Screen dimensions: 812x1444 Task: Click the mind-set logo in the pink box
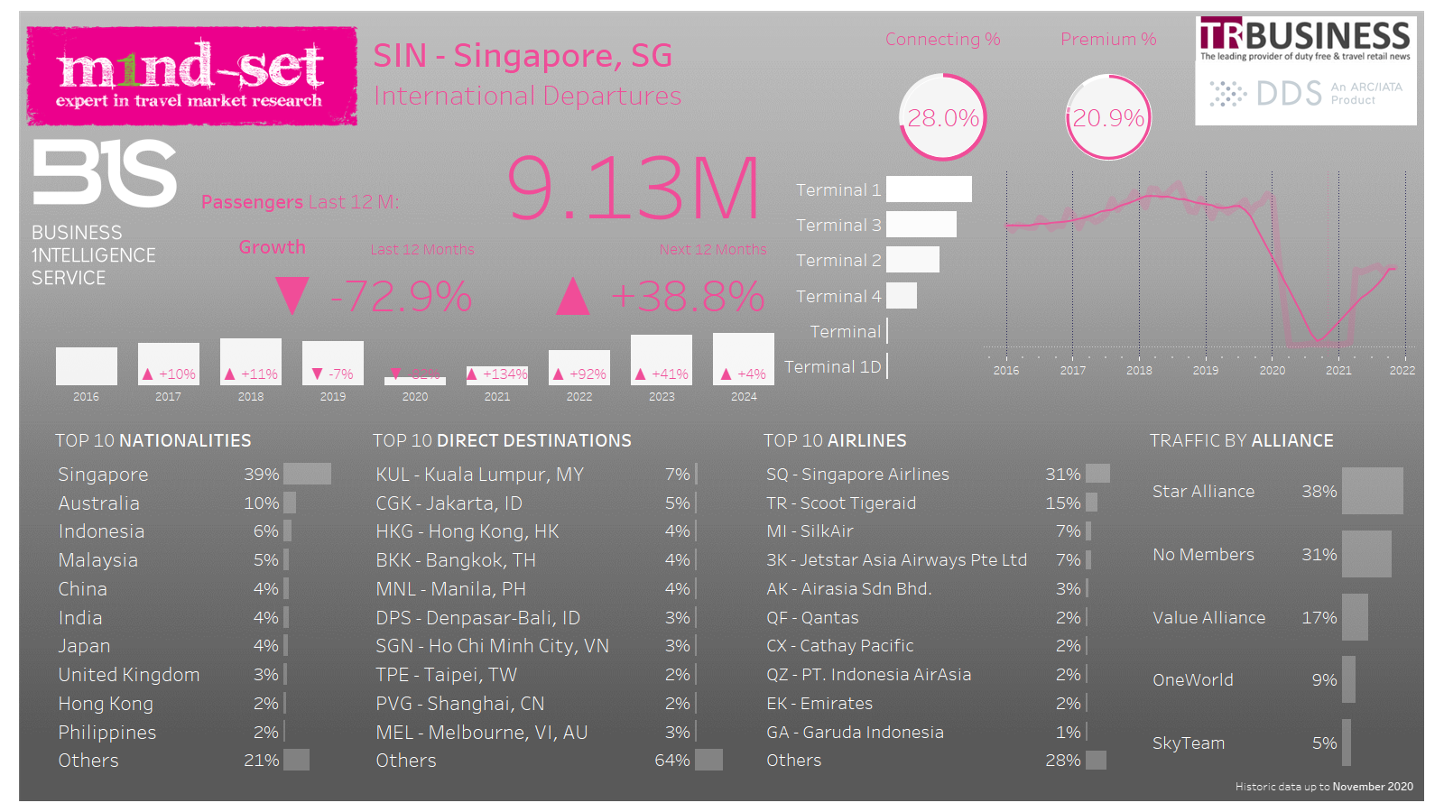coord(191,75)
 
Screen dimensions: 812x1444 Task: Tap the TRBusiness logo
coord(1305,41)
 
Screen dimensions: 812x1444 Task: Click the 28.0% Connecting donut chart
coord(943,117)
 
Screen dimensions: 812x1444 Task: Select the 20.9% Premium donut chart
coord(1108,117)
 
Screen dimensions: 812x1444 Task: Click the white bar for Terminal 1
coord(929,189)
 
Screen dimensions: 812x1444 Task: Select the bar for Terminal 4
coord(902,296)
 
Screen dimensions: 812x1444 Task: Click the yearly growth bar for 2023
coord(662,359)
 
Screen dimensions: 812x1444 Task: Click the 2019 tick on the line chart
coord(1206,370)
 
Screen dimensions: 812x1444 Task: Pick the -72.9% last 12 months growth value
coord(401,296)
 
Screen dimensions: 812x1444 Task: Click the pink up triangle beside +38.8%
coord(572,296)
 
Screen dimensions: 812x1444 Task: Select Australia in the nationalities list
coord(99,503)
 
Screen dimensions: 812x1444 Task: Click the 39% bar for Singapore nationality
coord(307,475)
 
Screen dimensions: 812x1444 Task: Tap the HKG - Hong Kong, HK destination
coord(467,531)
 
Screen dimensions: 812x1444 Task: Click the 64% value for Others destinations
coord(671,761)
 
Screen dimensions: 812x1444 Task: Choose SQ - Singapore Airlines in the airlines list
coord(857,475)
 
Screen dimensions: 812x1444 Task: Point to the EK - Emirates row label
coord(819,704)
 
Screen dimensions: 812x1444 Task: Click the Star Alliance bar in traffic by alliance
coord(1372,491)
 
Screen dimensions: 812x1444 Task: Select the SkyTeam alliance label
coord(1189,743)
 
